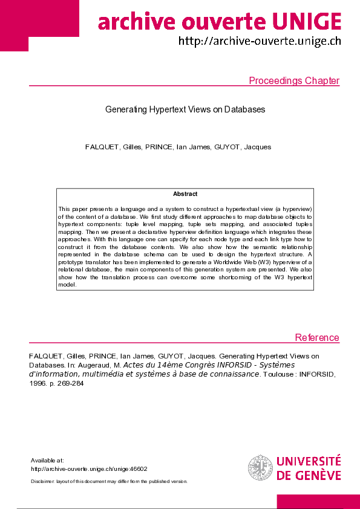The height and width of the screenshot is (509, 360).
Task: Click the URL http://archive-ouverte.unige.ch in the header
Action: pyautogui.click(x=259, y=42)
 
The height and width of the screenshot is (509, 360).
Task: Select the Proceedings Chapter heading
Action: pyautogui.click(x=294, y=81)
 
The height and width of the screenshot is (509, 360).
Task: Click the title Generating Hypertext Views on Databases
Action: pyautogui.click(x=185, y=109)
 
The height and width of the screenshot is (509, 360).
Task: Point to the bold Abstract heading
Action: pyautogui.click(x=185, y=194)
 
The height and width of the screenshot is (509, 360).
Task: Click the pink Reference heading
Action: pyautogui.click(x=317, y=337)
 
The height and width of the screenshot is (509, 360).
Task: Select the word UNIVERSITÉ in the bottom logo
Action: pyautogui.click(x=309, y=462)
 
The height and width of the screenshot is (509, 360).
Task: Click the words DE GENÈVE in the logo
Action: pyautogui.click(x=309, y=475)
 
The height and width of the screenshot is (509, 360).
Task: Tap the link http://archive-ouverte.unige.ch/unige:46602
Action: pyautogui.click(x=89, y=468)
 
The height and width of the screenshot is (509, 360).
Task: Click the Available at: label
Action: pyautogui.click(x=47, y=461)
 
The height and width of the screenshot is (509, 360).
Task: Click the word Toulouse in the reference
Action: pyautogui.click(x=276, y=374)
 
